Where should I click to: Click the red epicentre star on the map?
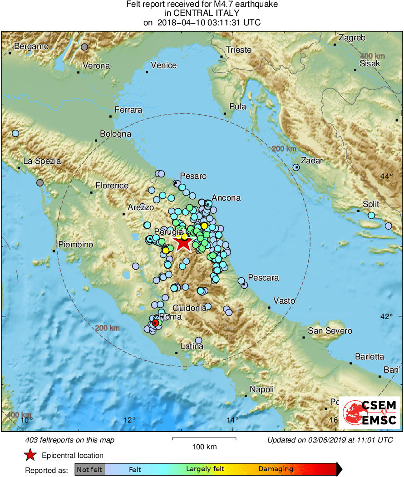pyautogui.click(x=183, y=243)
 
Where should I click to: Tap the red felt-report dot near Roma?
pyautogui.click(x=155, y=323)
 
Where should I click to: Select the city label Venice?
pyautogui.click(x=163, y=65)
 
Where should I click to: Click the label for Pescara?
pyautogui.click(x=264, y=278)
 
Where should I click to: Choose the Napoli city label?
pyautogui.click(x=262, y=389)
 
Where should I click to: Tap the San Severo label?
pyautogui.click(x=330, y=331)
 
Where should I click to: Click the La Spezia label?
pyautogui.click(x=42, y=161)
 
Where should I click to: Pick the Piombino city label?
pyautogui.click(x=75, y=245)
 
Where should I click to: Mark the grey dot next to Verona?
pyautogui.click(x=84, y=47)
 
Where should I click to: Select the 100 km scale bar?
pyautogui.click(x=204, y=438)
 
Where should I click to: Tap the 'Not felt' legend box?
pyautogui.click(x=90, y=469)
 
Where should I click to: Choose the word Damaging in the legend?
pyautogui.click(x=276, y=469)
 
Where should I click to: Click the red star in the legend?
pyautogui.click(x=30, y=455)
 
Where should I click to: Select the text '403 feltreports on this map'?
pyautogui.click(x=70, y=440)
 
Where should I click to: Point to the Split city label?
pyautogui.click(x=370, y=204)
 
